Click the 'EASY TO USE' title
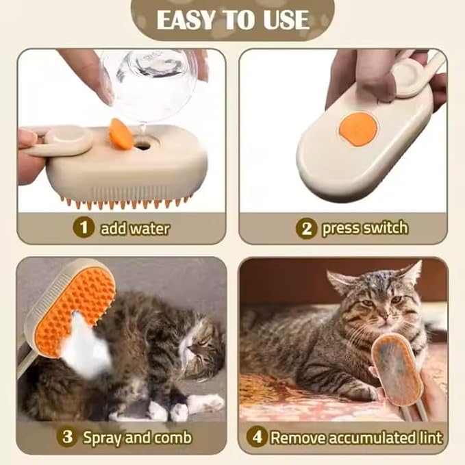tap(233, 20)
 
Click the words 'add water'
tap(134, 228)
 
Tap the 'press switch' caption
tap(365, 228)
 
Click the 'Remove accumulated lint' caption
tap(356, 436)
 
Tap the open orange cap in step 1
tap(121, 133)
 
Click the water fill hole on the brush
tap(144, 145)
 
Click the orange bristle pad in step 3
tap(87, 299)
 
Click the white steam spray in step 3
tap(86, 349)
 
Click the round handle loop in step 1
tap(69, 141)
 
